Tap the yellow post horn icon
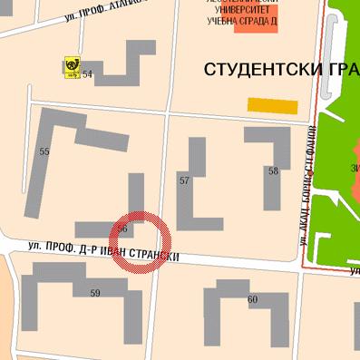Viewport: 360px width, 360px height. click(71, 66)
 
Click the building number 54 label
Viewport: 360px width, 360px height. click(88, 74)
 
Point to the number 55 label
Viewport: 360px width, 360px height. click(44, 151)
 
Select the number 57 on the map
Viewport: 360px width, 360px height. click(184, 181)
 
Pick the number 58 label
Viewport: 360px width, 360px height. click(272, 171)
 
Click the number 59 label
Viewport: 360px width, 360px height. click(95, 293)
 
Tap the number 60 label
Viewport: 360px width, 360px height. click(252, 299)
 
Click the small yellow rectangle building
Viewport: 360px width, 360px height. click(273, 106)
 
